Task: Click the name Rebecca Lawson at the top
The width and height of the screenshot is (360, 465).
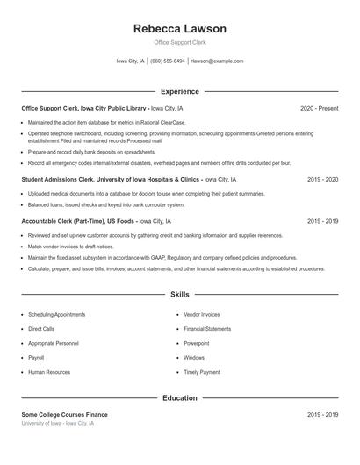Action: [x=180, y=29]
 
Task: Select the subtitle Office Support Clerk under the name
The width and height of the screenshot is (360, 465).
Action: [x=180, y=42]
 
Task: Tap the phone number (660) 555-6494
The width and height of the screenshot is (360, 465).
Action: [x=168, y=61]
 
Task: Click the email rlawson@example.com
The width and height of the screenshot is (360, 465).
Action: [x=217, y=61]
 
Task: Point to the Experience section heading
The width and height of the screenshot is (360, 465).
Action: [x=180, y=91]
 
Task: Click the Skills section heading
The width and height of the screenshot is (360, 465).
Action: [x=180, y=295]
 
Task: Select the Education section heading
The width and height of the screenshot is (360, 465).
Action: [x=180, y=397]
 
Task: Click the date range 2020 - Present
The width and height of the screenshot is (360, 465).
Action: [x=319, y=108]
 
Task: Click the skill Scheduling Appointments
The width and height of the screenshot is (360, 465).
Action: [x=56, y=314]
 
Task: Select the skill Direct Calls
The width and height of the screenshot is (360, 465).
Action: [x=42, y=329]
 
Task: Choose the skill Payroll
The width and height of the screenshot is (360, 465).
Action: [x=36, y=358]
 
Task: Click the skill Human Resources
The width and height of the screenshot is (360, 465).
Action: [x=49, y=372]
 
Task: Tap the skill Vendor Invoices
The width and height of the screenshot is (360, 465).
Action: [x=202, y=314]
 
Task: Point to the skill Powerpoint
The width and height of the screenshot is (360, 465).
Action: [x=197, y=343]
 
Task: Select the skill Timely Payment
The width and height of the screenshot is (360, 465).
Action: [x=202, y=372]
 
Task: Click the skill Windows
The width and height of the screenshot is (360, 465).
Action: [x=194, y=358]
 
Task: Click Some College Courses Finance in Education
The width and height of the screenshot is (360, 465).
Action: [x=76, y=414]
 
